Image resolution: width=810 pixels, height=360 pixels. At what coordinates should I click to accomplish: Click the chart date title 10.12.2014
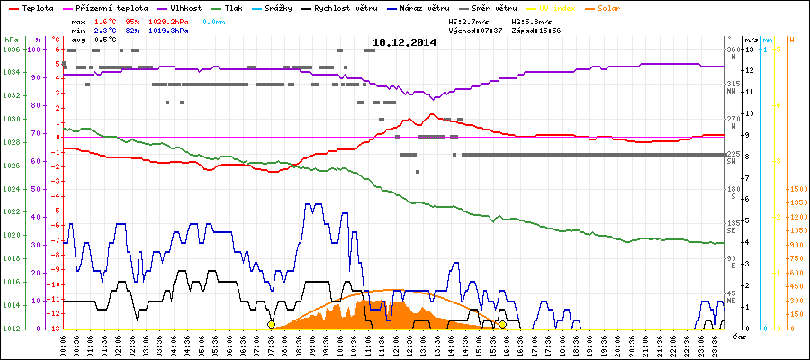pyautogui.click(x=404, y=41)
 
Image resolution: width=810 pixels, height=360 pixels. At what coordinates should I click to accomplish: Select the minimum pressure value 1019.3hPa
pyautogui.click(x=168, y=31)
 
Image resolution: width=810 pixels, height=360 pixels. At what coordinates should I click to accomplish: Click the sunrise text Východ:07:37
pyautogui.click(x=474, y=31)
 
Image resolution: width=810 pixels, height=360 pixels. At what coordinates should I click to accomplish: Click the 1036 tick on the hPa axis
pyautogui.click(x=11, y=49)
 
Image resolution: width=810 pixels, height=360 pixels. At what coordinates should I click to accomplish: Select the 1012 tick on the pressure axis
pyautogui.click(x=11, y=328)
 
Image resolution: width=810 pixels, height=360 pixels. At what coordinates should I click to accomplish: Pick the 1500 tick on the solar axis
pyautogui.click(x=798, y=189)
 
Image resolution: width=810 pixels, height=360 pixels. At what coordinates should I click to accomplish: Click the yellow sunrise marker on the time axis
pyautogui.click(x=271, y=324)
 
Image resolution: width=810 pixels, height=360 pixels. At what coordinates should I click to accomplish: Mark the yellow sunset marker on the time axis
pyautogui.click(x=503, y=324)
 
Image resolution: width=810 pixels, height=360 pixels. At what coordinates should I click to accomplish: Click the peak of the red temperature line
pyautogui.click(x=433, y=114)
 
